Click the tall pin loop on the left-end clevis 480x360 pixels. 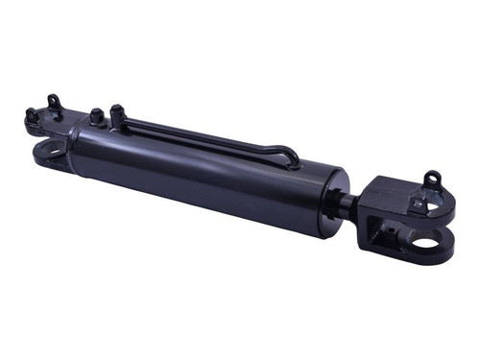53,101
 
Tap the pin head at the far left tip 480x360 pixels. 31,116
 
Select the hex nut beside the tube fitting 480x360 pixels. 96,117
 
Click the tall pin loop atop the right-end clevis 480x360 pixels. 433,179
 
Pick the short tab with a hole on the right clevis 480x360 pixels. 417,204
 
